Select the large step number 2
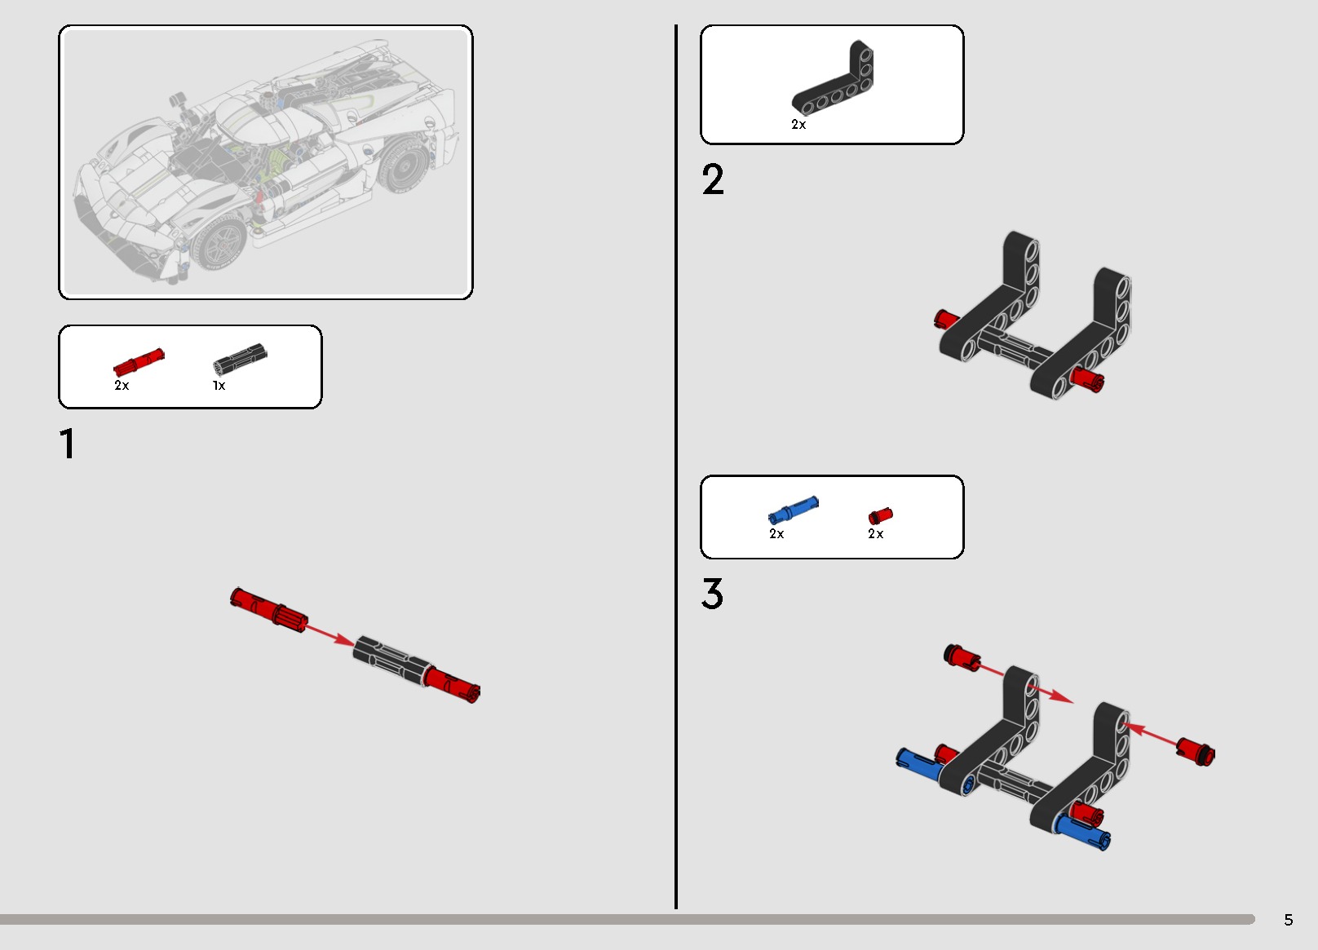(x=713, y=179)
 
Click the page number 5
(x=1288, y=920)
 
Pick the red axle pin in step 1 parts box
(x=139, y=362)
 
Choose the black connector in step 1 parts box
(x=240, y=359)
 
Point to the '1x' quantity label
(x=219, y=386)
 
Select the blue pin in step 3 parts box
(x=793, y=510)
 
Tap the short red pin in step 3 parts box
(x=880, y=516)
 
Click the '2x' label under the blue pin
(x=776, y=533)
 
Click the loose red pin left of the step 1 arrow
(x=268, y=610)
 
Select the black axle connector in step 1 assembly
(x=391, y=661)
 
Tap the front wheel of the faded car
(x=220, y=241)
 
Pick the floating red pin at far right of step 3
(x=1196, y=752)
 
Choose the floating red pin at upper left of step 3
(x=962, y=656)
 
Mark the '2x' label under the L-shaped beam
(x=798, y=124)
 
